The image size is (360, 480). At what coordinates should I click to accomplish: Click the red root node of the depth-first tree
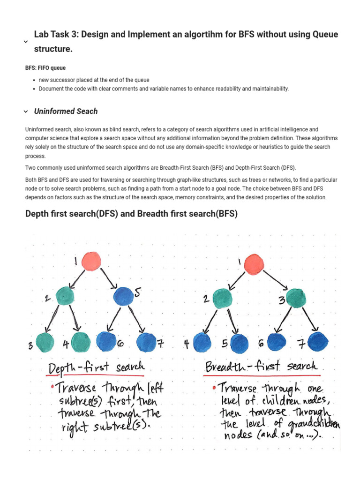point(91,262)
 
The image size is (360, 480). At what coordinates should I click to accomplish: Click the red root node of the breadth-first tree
point(254,263)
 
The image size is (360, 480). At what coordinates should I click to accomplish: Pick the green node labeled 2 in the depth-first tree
point(65,296)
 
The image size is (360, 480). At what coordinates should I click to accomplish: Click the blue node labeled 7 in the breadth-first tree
point(318,342)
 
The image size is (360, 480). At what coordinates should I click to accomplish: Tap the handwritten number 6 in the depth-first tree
point(120,344)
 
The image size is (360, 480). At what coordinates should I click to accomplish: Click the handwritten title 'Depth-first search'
point(97,368)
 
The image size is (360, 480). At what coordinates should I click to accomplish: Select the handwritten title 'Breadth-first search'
point(262,366)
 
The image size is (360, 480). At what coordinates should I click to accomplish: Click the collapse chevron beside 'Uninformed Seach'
point(26,112)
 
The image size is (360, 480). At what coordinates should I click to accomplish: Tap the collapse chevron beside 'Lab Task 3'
point(26,42)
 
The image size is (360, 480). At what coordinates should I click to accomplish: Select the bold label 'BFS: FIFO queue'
point(45,68)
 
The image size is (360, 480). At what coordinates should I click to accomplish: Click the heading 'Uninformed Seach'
point(66,111)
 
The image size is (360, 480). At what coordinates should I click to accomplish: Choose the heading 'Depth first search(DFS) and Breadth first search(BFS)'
point(131,214)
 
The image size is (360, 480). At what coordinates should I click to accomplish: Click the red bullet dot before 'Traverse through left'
point(53,387)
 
